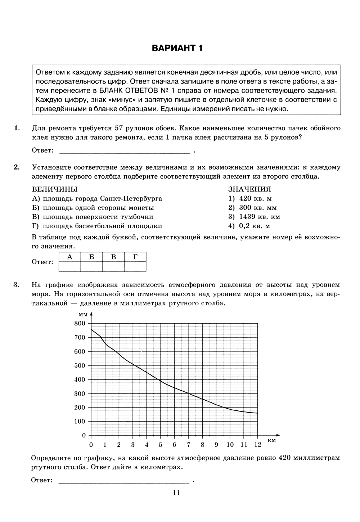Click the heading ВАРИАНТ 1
point(177,48)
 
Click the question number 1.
point(16,128)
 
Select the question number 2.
point(16,167)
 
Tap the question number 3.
point(16,285)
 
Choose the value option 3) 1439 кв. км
point(254,217)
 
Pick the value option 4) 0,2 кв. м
point(249,226)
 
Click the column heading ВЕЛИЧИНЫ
point(55,189)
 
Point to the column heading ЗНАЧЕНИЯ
point(249,189)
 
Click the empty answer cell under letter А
point(70,267)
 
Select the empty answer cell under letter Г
point(135,267)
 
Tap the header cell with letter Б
point(91,257)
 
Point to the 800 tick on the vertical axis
point(80,323)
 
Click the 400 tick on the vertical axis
point(80,379)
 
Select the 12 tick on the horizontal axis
point(258,445)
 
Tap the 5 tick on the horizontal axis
point(161,445)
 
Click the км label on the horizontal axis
point(272,440)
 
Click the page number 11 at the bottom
point(176,493)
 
